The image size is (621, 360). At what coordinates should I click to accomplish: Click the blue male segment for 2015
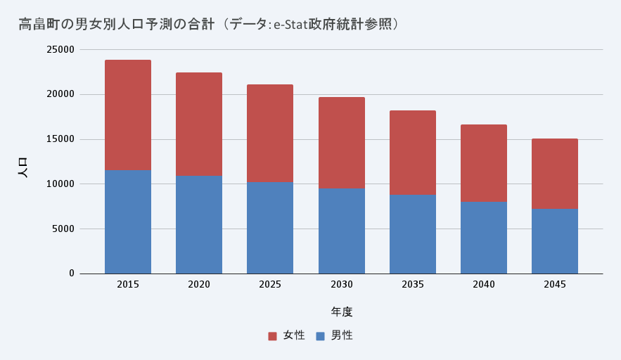pos(128,221)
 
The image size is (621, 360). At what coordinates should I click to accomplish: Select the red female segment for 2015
pos(128,115)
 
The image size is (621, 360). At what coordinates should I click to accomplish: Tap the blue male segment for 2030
pos(342,231)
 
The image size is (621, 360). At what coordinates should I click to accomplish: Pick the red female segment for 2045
pos(555,174)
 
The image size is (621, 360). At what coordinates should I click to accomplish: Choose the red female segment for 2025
pos(270,134)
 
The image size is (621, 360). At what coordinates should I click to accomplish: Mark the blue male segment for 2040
pos(484,238)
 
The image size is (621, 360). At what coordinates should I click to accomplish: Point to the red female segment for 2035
pos(413,153)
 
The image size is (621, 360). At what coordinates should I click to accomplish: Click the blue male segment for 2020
pos(199,224)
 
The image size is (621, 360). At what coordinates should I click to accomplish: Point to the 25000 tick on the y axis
pos(60,50)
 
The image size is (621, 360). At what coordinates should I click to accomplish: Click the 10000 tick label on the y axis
pos(60,184)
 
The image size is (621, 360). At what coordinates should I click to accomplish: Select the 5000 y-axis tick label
pos(63,229)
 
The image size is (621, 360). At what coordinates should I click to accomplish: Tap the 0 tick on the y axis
pos(72,274)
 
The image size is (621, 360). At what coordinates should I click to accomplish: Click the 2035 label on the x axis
pos(413,285)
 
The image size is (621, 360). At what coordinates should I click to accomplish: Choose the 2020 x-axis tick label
pos(199,285)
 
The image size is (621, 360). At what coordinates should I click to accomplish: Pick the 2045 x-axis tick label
pos(555,285)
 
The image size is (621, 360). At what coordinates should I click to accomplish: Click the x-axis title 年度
pos(342,311)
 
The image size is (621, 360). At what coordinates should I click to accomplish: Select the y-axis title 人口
pos(23,167)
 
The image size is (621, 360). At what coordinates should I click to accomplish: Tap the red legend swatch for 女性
pos(273,336)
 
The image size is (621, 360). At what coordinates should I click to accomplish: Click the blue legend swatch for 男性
pos(321,336)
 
